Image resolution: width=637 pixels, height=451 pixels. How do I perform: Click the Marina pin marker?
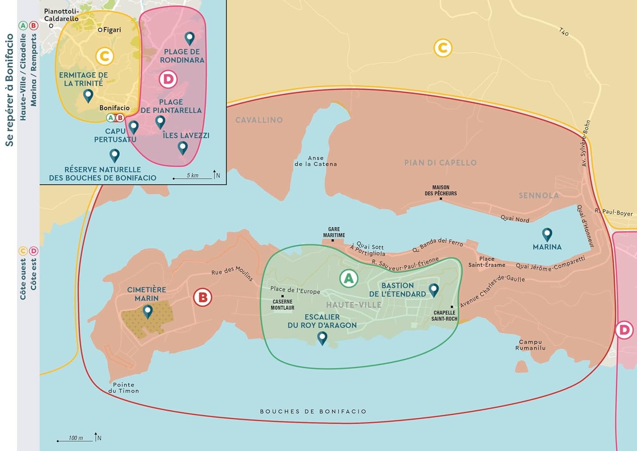tap(547, 234)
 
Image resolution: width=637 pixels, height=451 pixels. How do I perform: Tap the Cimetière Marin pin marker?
tap(147, 311)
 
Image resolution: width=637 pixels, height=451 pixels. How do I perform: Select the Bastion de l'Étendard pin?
tap(434, 290)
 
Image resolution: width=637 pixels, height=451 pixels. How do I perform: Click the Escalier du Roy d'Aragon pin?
tap(322, 338)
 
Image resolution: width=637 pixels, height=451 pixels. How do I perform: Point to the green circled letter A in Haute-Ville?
tap(349, 279)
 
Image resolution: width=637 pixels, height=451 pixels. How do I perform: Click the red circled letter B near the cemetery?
tap(203, 297)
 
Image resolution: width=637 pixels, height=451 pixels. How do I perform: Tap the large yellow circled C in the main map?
tap(443, 48)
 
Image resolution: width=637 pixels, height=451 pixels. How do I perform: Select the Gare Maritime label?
tap(334, 232)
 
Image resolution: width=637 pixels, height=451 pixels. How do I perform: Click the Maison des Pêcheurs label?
tap(441, 190)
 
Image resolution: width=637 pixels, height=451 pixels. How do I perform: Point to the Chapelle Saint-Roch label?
tap(444, 316)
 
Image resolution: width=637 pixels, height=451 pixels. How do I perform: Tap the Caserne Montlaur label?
tap(282, 304)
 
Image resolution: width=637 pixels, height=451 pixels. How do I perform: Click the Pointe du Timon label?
tap(124, 388)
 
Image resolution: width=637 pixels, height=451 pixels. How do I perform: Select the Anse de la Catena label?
tap(316, 161)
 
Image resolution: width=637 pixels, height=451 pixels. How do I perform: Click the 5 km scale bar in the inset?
tap(192, 178)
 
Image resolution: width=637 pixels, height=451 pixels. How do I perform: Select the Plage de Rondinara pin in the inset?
tap(189, 38)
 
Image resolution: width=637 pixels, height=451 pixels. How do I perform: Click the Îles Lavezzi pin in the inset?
tap(183, 147)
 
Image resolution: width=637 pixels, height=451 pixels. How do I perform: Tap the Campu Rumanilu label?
tap(530, 345)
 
